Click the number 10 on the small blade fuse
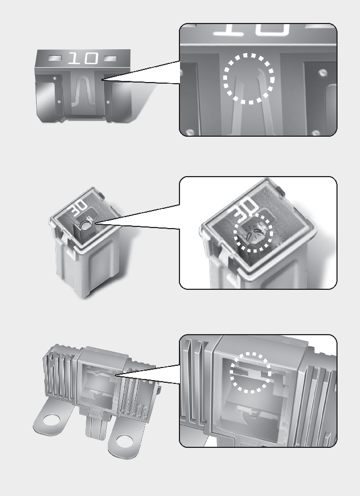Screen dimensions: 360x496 coord(83,59)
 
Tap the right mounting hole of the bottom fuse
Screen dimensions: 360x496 coord(124,441)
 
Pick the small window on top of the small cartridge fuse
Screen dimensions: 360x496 coord(84,227)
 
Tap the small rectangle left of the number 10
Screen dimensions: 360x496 coord(55,59)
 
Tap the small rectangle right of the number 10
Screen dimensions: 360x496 coord(111,59)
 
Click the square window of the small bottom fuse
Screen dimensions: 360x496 coord(98,384)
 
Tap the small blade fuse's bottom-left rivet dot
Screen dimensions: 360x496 coord(59,102)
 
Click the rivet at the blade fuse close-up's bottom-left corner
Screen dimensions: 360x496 coord(189,132)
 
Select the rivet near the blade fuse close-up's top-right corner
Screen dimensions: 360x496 coord(322,73)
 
